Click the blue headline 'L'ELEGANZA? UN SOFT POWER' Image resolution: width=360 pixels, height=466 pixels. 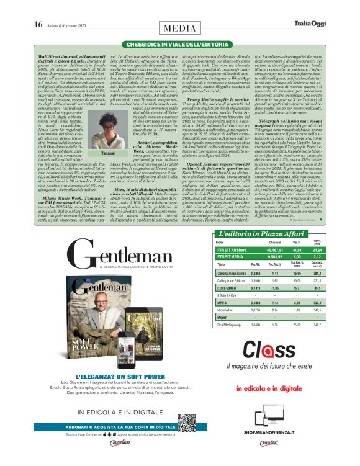tap(119, 377)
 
